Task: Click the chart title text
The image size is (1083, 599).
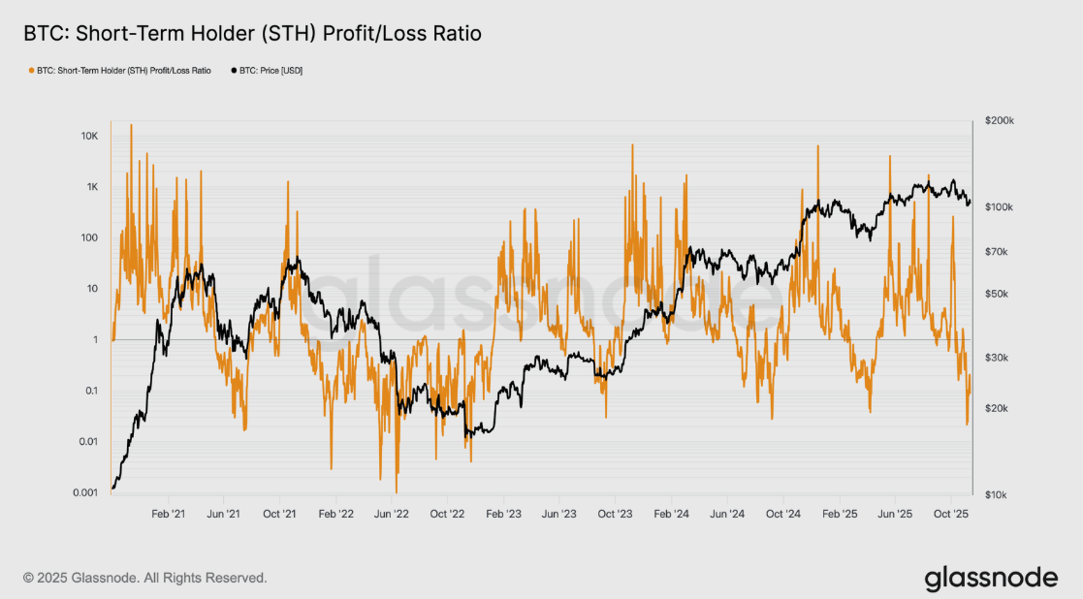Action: tap(252, 34)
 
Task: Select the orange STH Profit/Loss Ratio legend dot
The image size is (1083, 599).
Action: tap(31, 71)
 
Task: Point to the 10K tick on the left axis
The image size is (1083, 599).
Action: tap(89, 136)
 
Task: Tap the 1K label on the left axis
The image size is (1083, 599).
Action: tap(91, 187)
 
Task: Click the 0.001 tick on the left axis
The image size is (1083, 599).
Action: tap(84, 492)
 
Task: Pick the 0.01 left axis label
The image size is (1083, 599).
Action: tap(87, 442)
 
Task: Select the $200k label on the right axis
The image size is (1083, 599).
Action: tap(1000, 121)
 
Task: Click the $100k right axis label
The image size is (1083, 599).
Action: tap(1000, 207)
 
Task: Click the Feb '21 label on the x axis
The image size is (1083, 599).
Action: tap(169, 513)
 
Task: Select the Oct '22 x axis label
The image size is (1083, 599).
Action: tap(448, 513)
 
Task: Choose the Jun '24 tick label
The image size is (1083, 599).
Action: tap(726, 513)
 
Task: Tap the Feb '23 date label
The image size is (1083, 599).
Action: tap(503, 513)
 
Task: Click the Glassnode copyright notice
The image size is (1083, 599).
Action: tap(145, 578)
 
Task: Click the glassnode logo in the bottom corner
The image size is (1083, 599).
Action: tap(991, 579)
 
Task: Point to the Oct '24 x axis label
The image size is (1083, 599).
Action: tap(782, 513)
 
